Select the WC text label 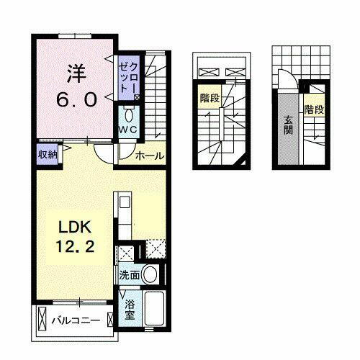tap(127, 129)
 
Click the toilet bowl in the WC tap(128, 114)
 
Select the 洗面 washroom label tap(129, 274)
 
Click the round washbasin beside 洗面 tap(150, 274)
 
